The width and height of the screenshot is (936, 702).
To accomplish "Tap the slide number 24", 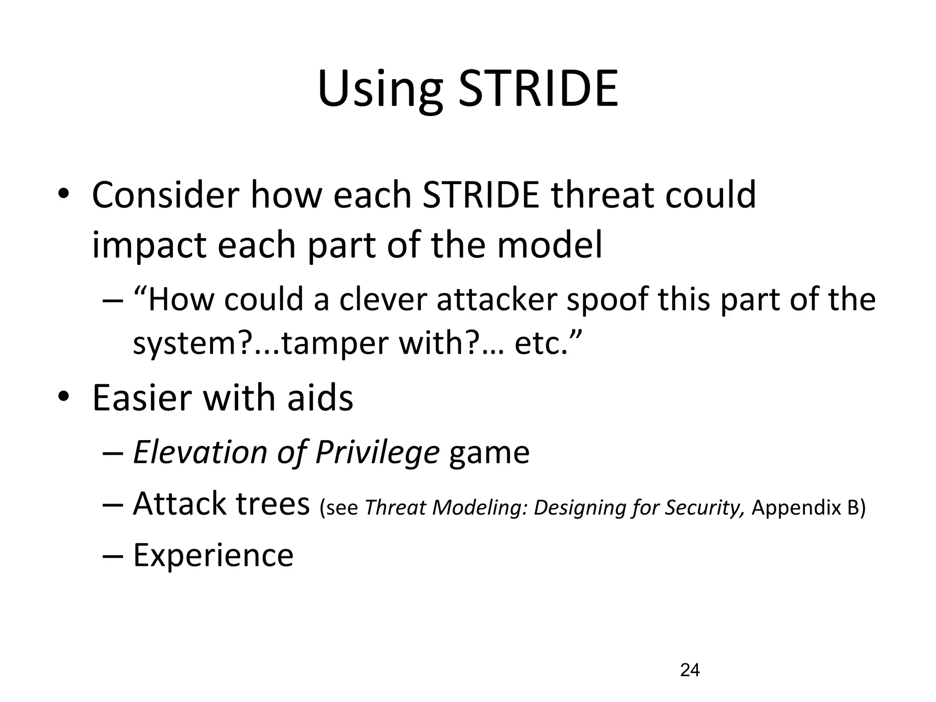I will coord(690,670).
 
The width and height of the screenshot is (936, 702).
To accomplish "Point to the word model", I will coord(550,245).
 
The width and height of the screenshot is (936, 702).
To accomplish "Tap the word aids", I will coord(320,397).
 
